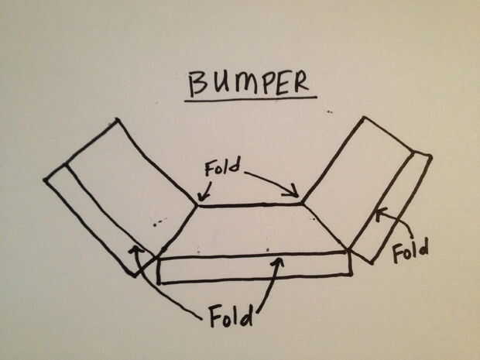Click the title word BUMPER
coord(249,83)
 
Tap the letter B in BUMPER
coord(197,84)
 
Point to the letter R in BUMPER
coord(300,83)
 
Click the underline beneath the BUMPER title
coord(250,98)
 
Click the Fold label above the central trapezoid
coord(222,167)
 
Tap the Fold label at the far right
coord(411,251)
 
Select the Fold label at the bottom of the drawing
coord(231,315)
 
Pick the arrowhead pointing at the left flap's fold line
coord(135,249)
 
